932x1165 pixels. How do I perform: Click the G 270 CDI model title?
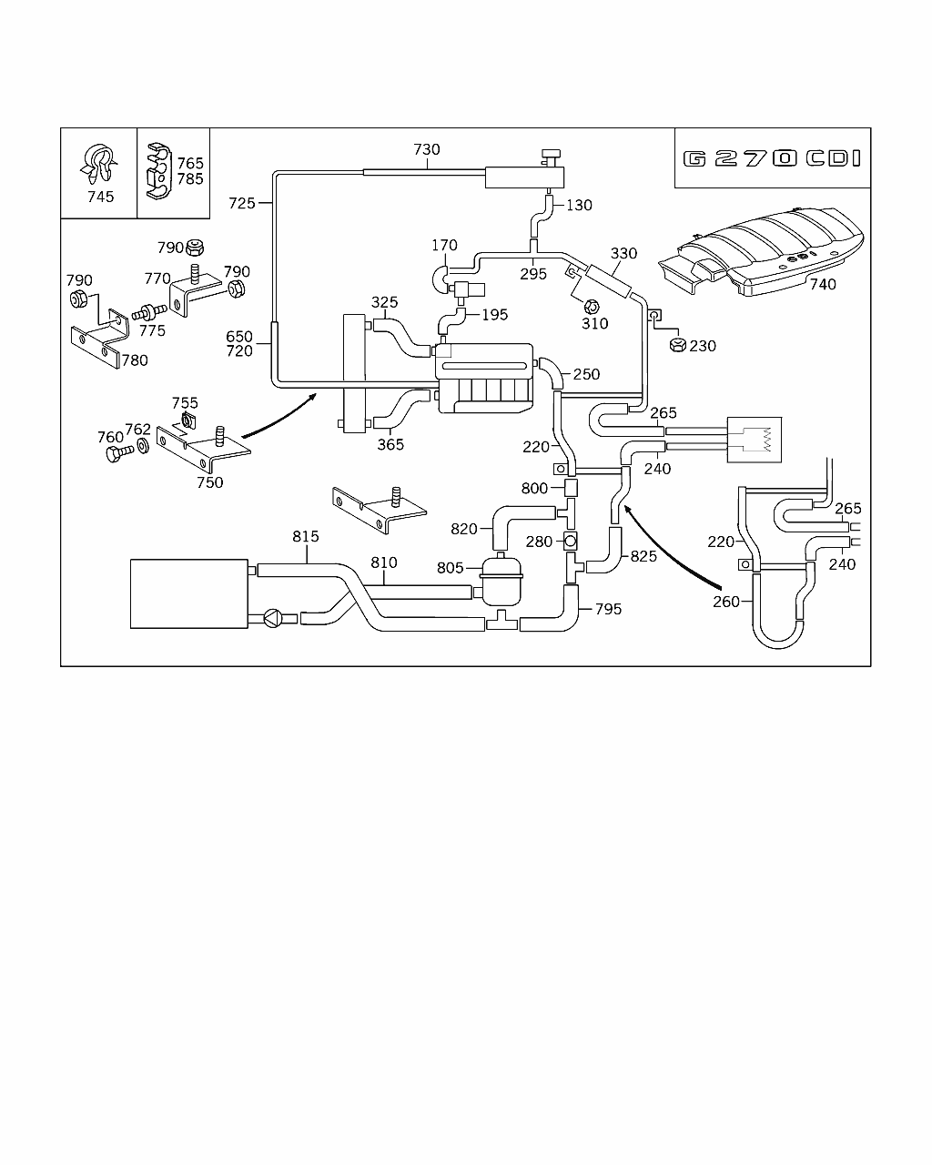[772, 158]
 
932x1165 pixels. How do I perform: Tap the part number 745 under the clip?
[100, 197]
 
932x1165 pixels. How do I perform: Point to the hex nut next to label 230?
[676, 345]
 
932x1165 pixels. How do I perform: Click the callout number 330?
[623, 254]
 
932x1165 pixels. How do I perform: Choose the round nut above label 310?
[589, 307]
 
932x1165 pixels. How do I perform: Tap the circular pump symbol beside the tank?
[272, 618]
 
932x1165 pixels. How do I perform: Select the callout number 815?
[306, 537]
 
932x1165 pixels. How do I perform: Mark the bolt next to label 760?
[114, 453]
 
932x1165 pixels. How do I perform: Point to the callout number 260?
[727, 601]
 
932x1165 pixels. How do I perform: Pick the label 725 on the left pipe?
[241, 203]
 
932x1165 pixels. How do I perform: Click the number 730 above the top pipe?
[427, 150]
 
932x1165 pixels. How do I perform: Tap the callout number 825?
[643, 556]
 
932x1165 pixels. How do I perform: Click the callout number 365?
[390, 445]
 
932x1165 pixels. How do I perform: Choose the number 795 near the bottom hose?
[608, 609]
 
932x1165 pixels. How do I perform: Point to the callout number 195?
[495, 315]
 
